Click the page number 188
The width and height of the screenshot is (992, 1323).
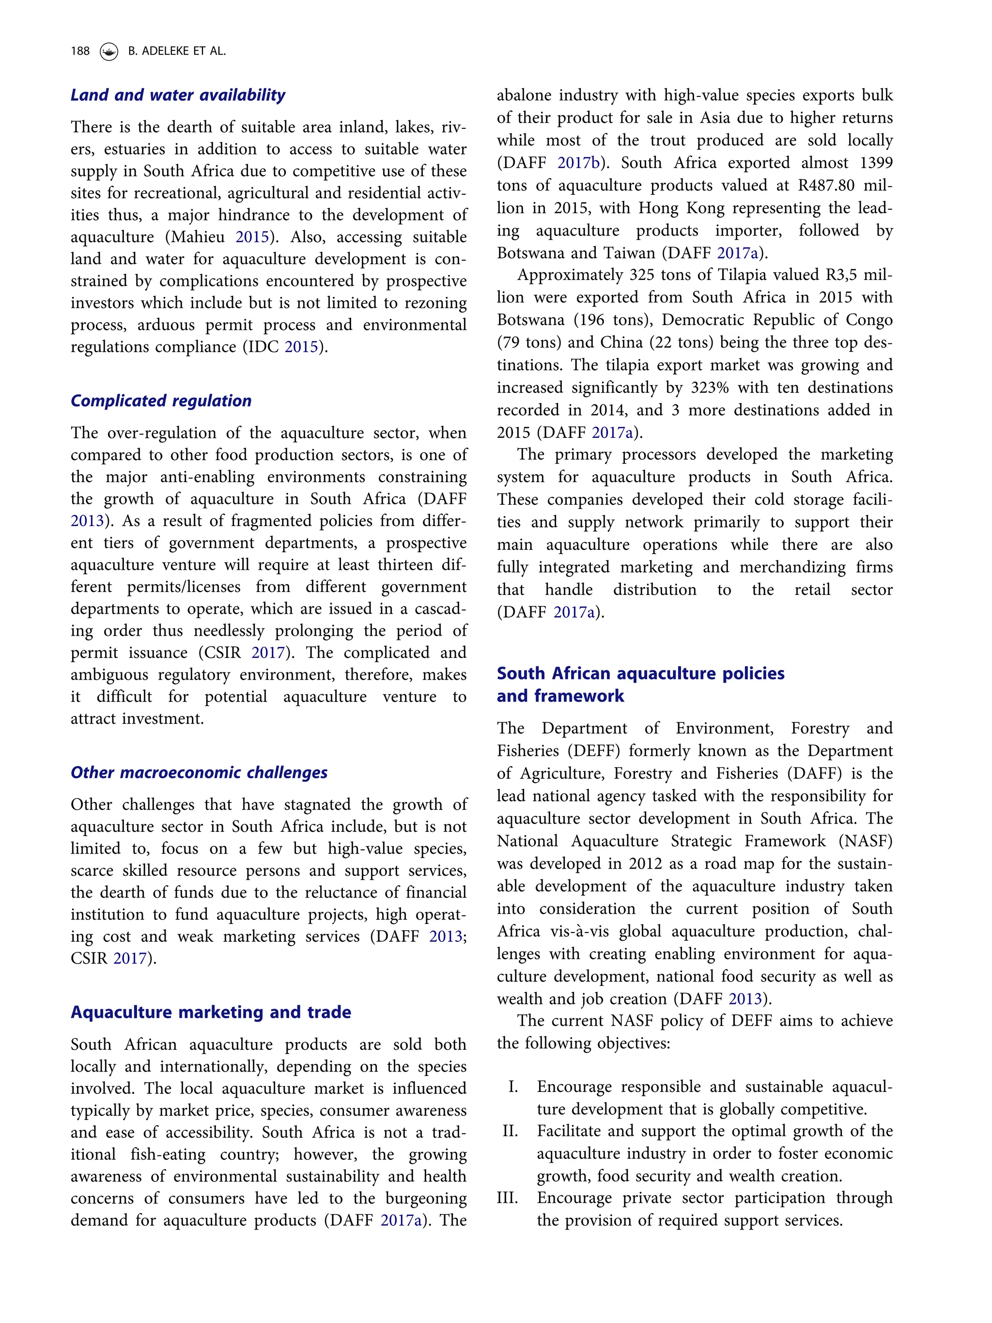(x=79, y=51)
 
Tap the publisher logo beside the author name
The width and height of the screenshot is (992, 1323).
(x=109, y=51)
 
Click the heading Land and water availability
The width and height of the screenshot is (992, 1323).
(x=178, y=95)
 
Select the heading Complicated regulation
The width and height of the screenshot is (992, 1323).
(x=161, y=401)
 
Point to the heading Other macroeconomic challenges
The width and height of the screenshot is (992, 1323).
(x=199, y=772)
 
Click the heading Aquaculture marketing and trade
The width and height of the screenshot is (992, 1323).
(x=211, y=1012)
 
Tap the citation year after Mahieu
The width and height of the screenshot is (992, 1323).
(x=252, y=237)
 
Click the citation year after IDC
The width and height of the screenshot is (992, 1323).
(x=301, y=347)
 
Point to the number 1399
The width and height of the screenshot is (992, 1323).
(x=875, y=163)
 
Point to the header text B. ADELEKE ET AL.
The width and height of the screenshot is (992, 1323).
(x=177, y=51)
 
